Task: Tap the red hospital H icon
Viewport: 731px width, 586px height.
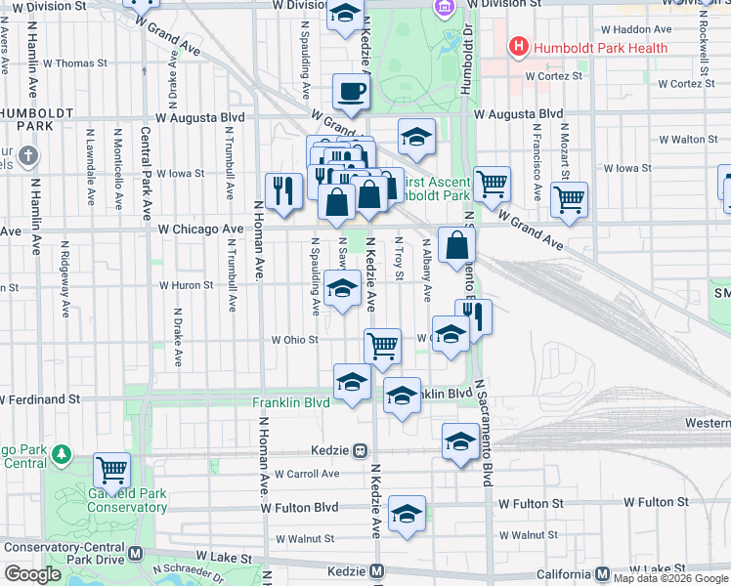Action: point(518,46)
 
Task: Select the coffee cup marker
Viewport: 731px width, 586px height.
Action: point(350,93)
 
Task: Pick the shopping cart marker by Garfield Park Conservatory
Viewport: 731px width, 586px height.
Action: point(112,471)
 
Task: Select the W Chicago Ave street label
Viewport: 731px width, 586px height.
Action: point(200,230)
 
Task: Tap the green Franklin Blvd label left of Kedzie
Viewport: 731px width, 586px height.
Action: point(290,402)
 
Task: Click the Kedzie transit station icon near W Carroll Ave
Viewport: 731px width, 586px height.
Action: point(361,451)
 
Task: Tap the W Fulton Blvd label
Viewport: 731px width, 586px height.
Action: point(300,508)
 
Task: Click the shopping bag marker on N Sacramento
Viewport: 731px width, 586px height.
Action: point(456,246)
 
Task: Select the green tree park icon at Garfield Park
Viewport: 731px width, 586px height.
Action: point(62,455)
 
